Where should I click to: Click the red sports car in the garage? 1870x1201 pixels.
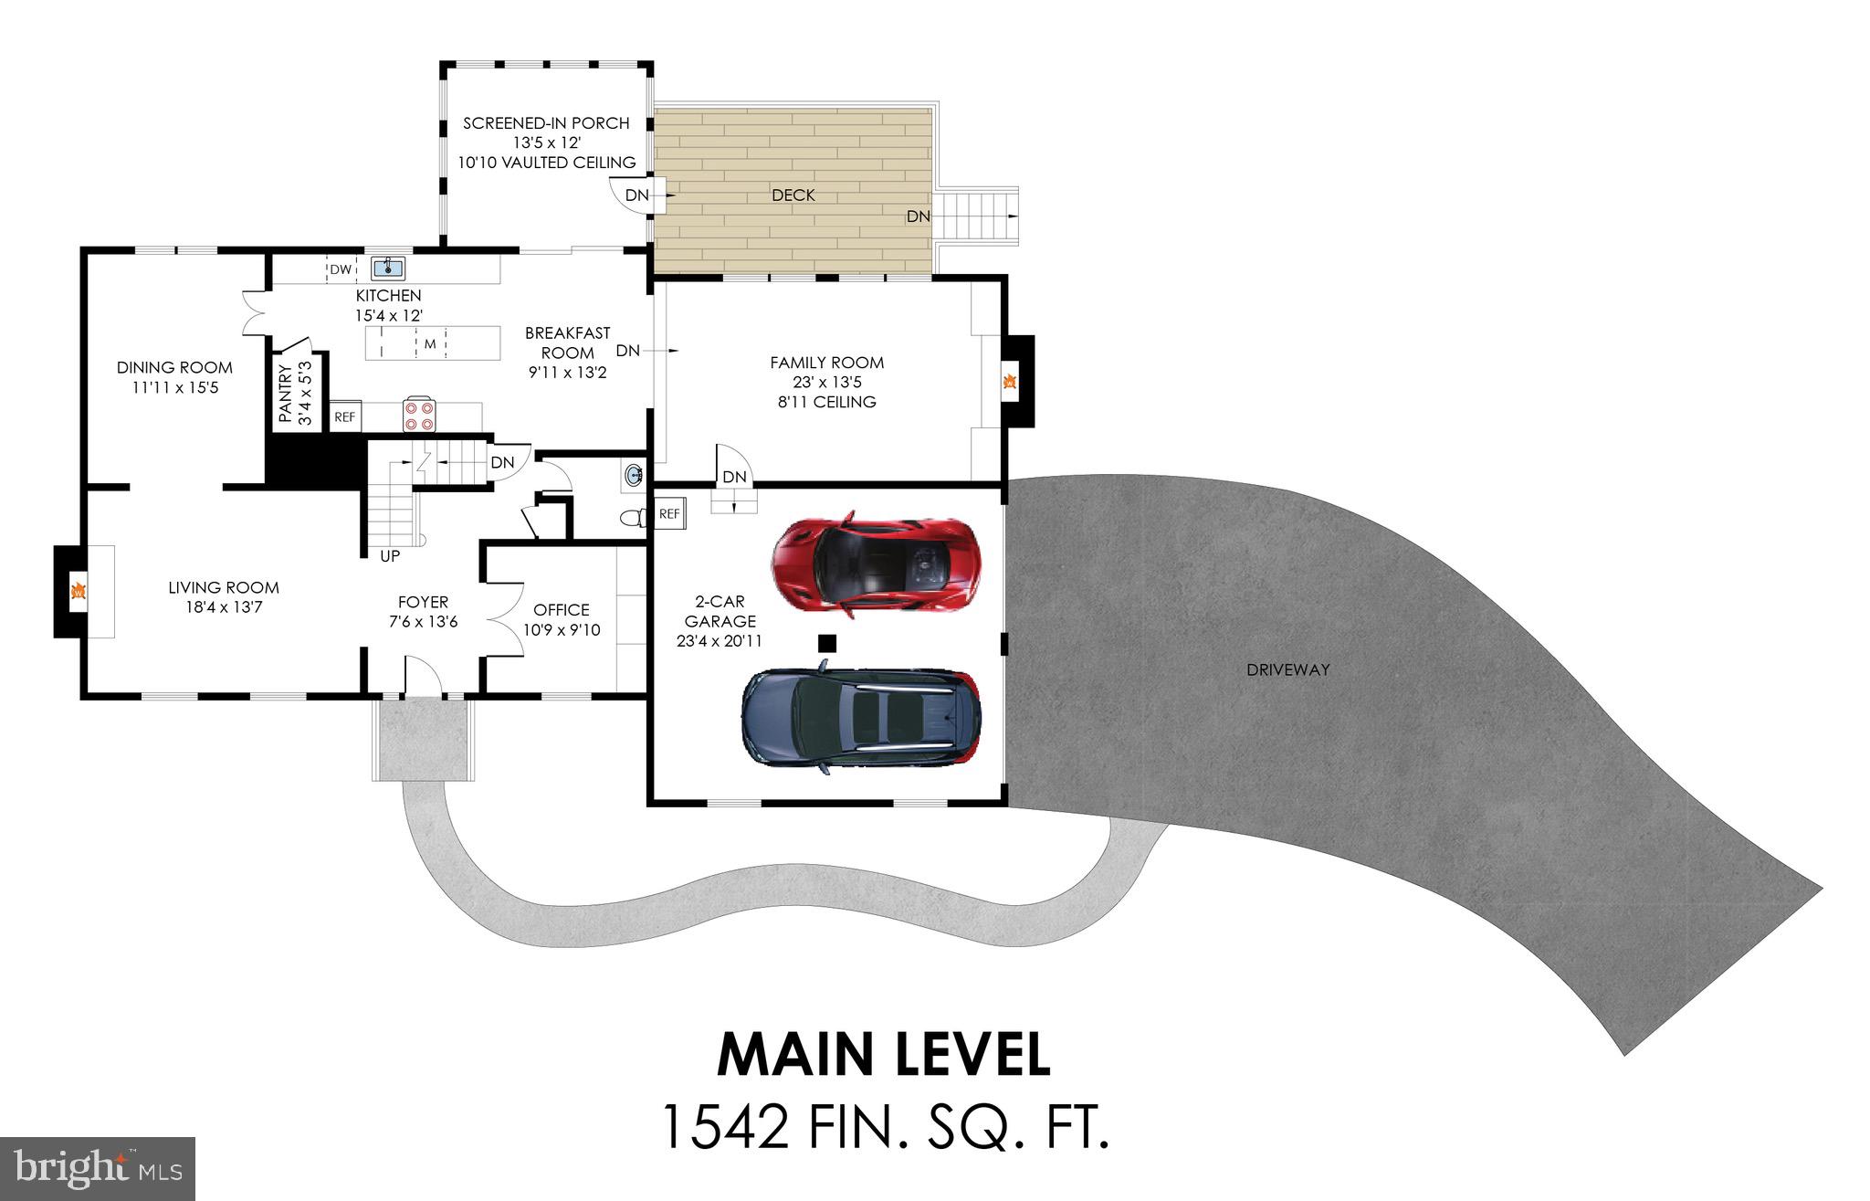point(876,564)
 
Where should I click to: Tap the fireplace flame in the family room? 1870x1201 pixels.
point(1009,382)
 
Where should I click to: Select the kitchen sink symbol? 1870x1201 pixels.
point(388,268)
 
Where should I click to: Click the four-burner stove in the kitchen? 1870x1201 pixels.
point(420,416)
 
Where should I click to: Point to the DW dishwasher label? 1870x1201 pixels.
point(341,269)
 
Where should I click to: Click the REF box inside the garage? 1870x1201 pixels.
point(669,514)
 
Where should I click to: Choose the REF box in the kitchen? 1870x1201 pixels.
point(344,416)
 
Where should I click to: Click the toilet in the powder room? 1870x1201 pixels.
point(633,519)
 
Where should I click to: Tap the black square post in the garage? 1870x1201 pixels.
point(826,643)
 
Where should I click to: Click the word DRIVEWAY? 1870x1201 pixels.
point(1287,669)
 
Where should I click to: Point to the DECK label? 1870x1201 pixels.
point(793,195)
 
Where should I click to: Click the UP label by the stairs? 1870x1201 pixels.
point(390,555)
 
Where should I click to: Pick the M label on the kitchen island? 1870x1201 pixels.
point(429,344)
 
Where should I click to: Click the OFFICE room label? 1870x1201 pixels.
point(562,609)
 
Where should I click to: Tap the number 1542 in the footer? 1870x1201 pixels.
point(724,1126)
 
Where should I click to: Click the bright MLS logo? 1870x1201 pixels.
point(98,1169)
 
